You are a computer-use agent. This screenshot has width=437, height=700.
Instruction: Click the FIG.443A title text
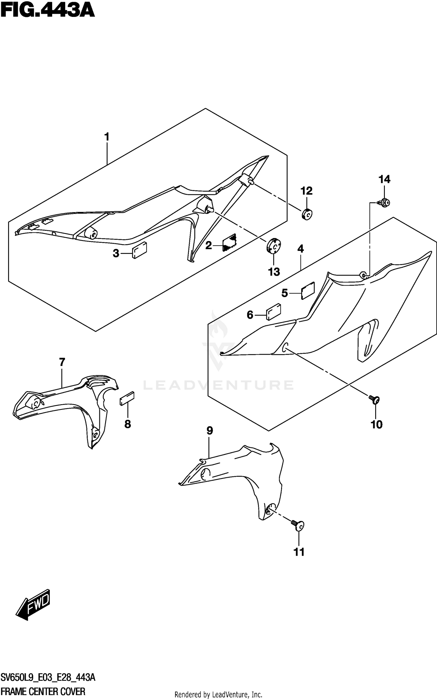tap(47, 11)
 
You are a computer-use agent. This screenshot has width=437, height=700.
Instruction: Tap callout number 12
tap(306, 191)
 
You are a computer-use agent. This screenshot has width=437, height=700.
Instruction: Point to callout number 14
tap(384, 179)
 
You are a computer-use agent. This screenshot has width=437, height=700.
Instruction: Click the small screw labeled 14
tap(385, 203)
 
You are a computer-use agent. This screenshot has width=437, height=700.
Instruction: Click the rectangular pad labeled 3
tap(140, 250)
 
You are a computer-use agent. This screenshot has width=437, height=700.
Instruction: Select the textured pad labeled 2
tap(230, 242)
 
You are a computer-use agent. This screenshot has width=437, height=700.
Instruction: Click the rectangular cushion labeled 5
tap(308, 290)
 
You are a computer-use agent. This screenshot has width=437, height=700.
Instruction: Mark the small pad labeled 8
tap(127, 398)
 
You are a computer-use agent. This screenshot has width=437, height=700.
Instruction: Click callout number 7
tap(62, 362)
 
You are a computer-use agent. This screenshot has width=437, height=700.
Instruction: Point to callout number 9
tap(210, 430)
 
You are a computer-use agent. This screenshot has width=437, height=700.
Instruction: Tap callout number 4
tap(300, 249)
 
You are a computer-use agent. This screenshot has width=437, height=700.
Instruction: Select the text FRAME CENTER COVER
tap(43, 691)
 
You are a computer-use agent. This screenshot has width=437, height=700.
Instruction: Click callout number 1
tap(107, 137)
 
